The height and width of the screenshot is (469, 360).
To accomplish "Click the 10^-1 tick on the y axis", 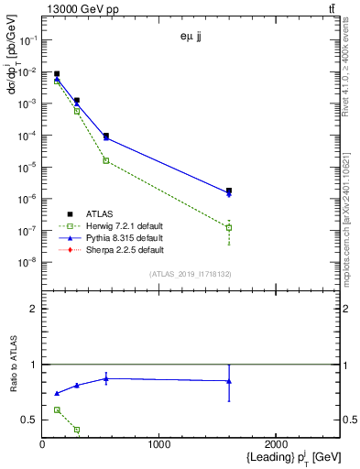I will point(30,40).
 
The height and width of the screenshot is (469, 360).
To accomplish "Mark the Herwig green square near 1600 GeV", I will point(229,227).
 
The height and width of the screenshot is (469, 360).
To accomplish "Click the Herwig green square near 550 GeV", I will point(106,160).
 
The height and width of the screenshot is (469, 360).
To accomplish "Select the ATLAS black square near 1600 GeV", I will point(229,191).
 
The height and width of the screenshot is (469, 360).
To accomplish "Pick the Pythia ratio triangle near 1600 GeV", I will point(229,381).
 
